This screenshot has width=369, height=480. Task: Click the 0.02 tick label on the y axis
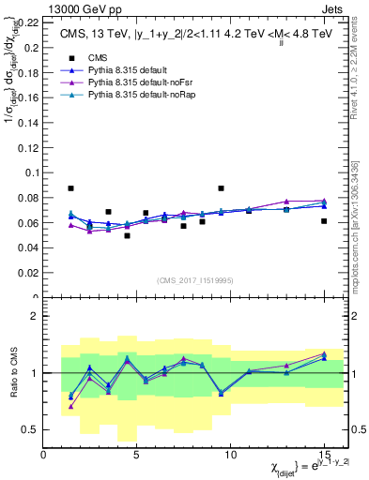coord(28,273)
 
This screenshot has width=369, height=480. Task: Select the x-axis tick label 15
coord(323,455)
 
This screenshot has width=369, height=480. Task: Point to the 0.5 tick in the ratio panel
coord(30,429)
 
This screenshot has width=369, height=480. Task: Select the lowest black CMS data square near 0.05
coord(127,235)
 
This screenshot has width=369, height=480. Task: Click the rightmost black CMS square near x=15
coord(324,221)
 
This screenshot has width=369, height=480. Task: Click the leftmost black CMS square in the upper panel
coord(70,188)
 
